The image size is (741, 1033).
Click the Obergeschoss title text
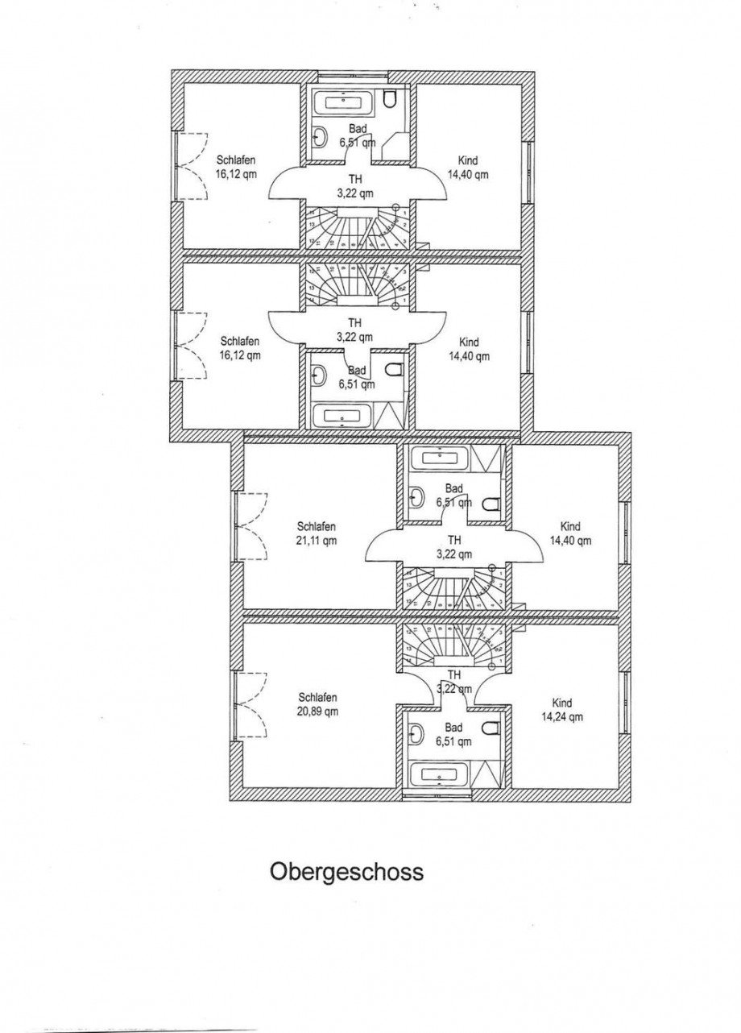[x=346, y=872]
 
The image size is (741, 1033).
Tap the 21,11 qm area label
[x=316, y=540]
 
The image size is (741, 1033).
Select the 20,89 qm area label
[x=317, y=711]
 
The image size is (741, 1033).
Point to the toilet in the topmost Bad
[x=391, y=99]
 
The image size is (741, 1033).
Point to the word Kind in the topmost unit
[x=467, y=160]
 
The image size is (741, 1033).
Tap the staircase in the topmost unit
[x=354, y=227]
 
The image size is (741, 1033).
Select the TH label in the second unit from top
[x=354, y=322]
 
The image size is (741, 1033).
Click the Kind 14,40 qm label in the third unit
[x=570, y=533]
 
